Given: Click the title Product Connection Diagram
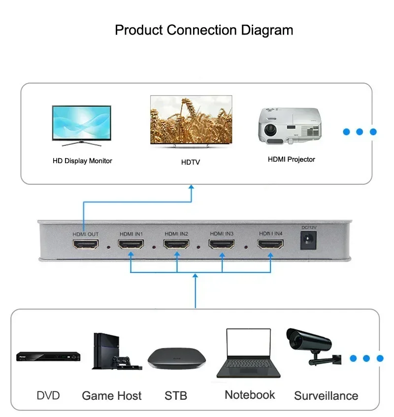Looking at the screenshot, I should click(x=204, y=30).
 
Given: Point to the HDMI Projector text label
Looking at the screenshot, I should click(x=291, y=159).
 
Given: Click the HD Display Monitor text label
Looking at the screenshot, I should click(x=82, y=161).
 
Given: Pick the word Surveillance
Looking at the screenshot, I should click(x=326, y=396).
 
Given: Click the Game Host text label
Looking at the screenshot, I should click(x=111, y=396).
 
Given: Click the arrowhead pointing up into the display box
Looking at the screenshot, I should click(x=192, y=188).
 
